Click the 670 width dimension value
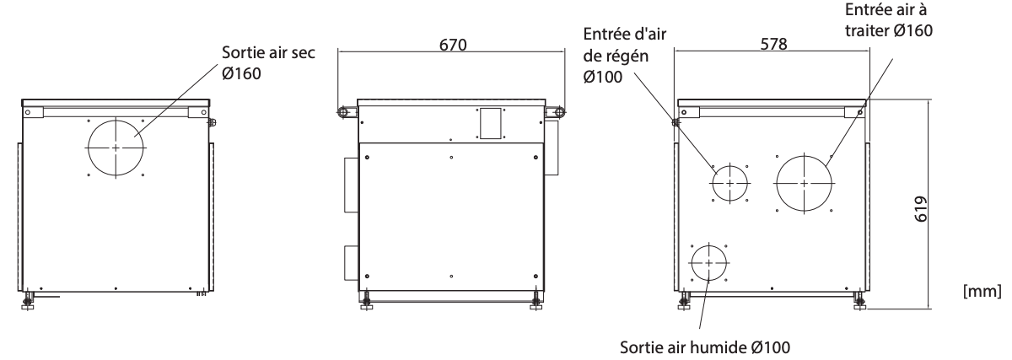click(x=453, y=45)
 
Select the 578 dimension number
click(x=773, y=44)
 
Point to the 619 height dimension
click(x=921, y=209)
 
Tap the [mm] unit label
click(x=982, y=291)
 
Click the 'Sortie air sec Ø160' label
click(x=268, y=62)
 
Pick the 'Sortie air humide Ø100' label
click(x=705, y=347)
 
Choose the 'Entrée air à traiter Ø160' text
click(x=889, y=20)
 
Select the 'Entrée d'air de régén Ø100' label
click(x=624, y=55)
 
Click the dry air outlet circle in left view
click(x=116, y=121)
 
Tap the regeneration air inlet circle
click(x=730, y=166)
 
